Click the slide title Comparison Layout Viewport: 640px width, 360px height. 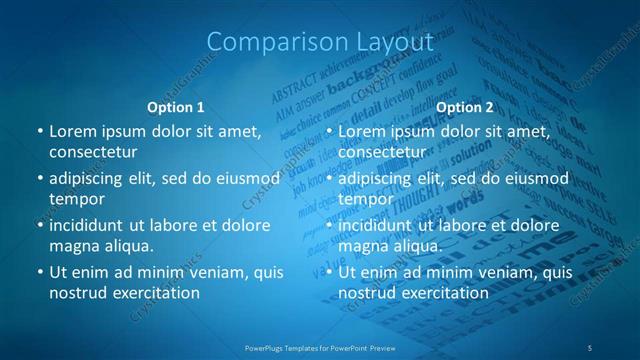[320, 42]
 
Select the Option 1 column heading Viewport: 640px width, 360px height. [176, 106]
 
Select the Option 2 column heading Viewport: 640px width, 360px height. [465, 106]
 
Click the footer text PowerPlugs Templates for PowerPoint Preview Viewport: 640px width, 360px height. [320, 347]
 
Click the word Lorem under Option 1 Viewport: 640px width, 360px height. [72, 131]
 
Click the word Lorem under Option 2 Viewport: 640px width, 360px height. [361, 131]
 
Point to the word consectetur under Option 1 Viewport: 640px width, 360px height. [93, 151]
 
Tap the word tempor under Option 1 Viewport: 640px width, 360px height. [77, 199]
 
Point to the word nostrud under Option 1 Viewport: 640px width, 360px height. [77, 293]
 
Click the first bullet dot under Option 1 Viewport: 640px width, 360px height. [39, 131]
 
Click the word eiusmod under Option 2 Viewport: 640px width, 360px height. [536, 179]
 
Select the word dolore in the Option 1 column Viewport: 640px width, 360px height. [247, 226]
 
